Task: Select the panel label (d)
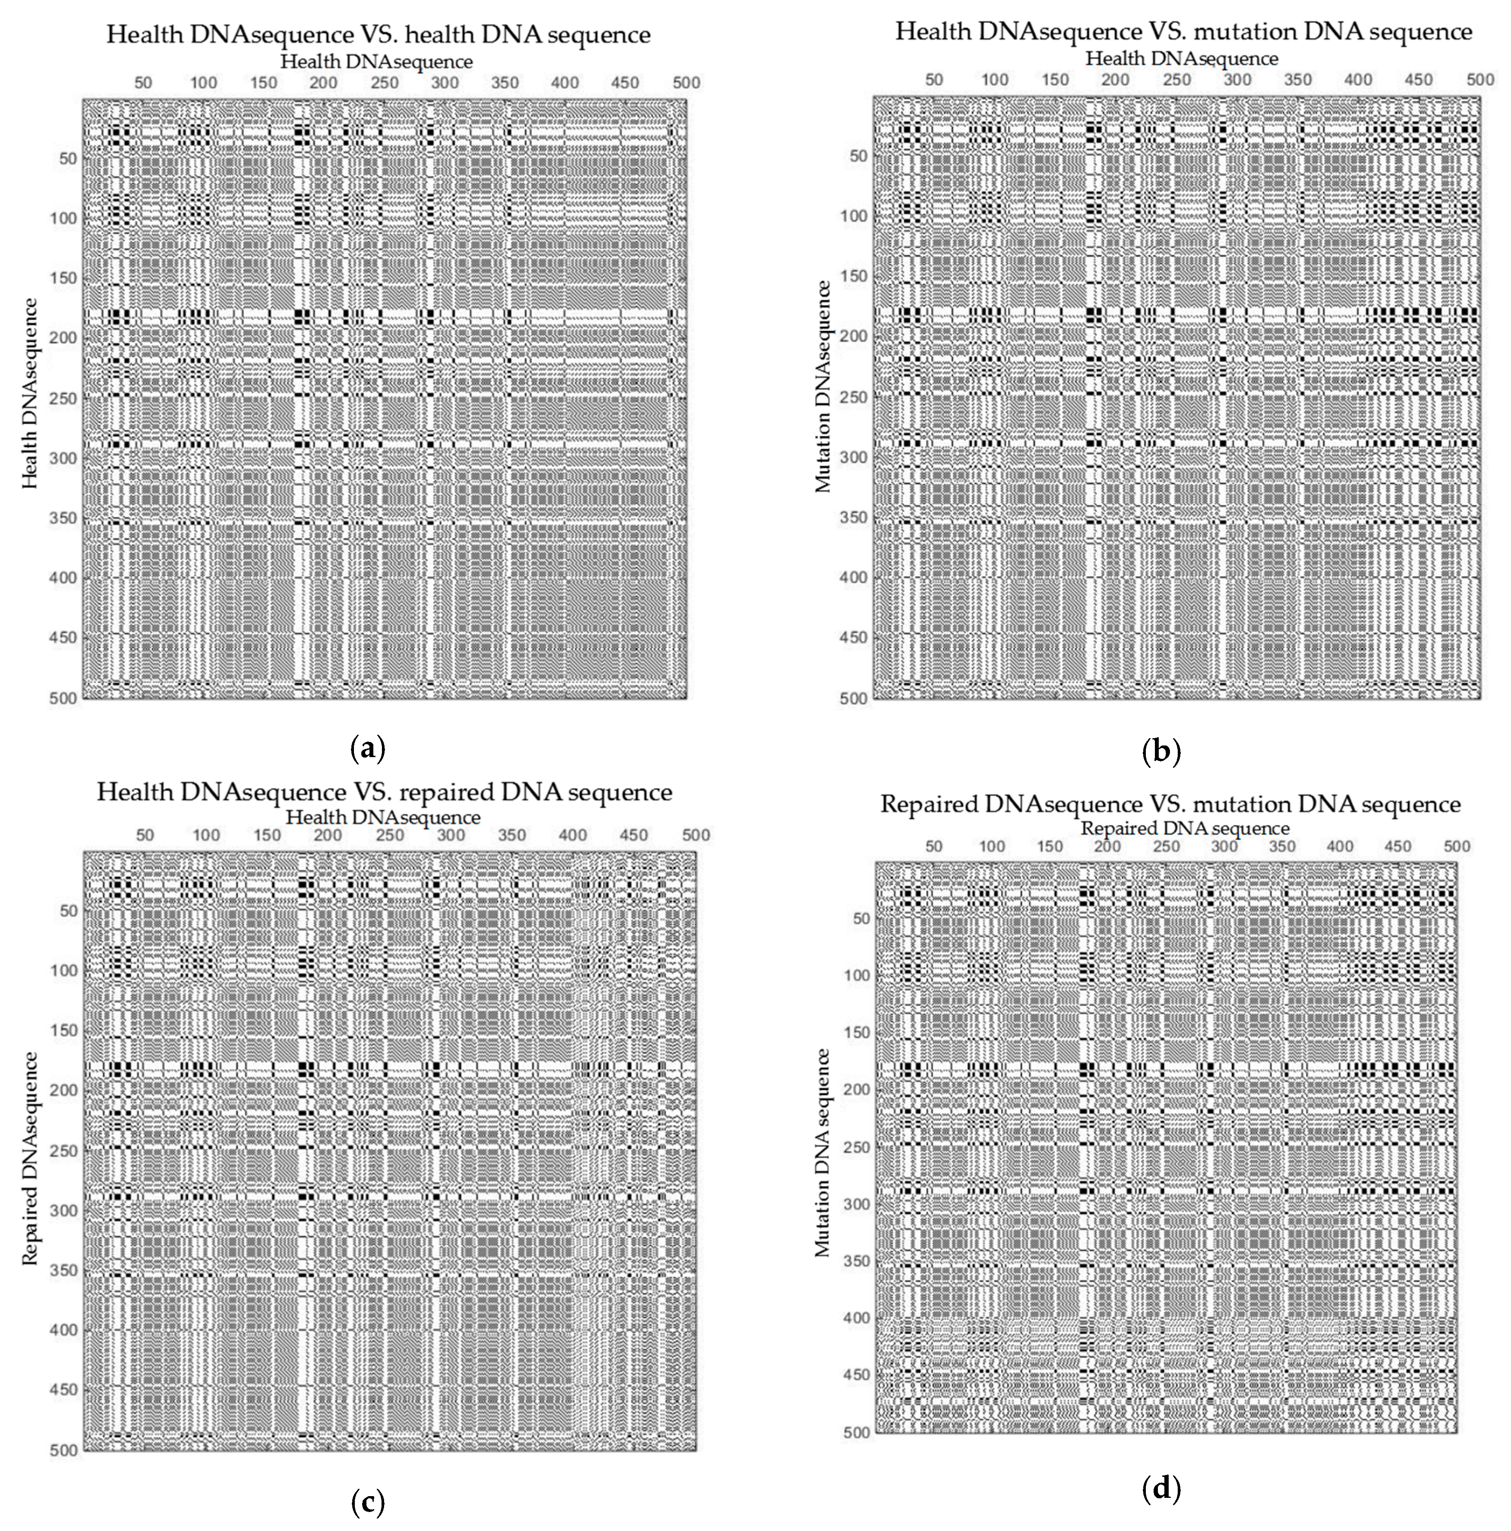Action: [x=1161, y=1490]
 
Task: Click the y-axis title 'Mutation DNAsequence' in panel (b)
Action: [x=824, y=387]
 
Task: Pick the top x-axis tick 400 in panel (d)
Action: [x=1340, y=846]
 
